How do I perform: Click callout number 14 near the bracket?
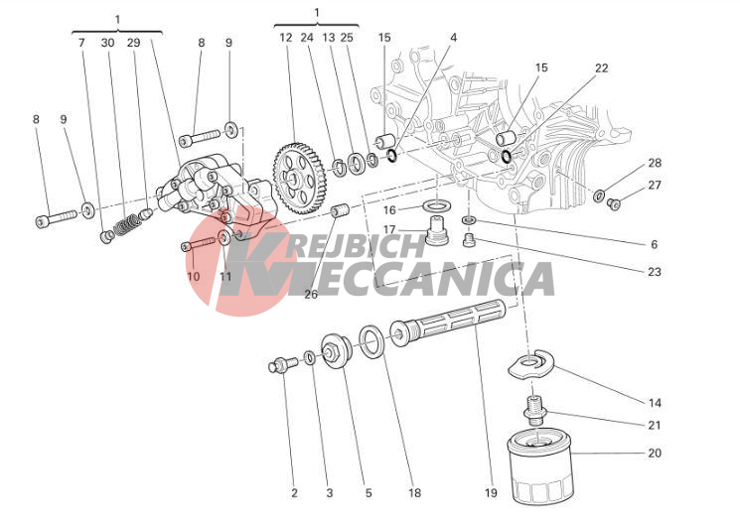pyautogui.click(x=655, y=403)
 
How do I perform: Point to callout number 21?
pyautogui.click(x=655, y=425)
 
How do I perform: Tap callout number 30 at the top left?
pyautogui.click(x=107, y=43)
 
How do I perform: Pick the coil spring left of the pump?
pyautogui.click(x=126, y=224)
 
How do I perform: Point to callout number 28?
pyautogui.click(x=655, y=163)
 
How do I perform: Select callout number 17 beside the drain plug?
pyautogui.click(x=389, y=230)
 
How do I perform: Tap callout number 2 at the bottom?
pyautogui.click(x=294, y=492)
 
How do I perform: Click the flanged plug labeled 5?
pyautogui.click(x=339, y=352)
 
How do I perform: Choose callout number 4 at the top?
pyautogui.click(x=453, y=38)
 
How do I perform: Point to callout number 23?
pyautogui.click(x=654, y=271)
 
